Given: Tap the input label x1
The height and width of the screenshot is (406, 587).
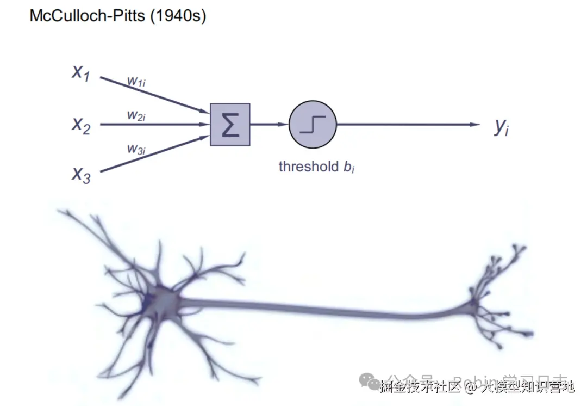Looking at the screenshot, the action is tap(81, 72).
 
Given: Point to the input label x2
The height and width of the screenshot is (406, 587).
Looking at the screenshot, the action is tap(81, 125).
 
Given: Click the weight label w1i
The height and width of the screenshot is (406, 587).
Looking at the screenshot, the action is tap(136, 81).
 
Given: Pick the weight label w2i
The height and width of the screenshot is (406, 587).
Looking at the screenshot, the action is tap(136, 115).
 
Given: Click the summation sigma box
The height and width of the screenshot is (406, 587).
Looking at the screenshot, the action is tap(230, 125).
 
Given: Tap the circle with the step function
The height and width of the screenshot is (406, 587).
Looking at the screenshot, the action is tap(313, 125).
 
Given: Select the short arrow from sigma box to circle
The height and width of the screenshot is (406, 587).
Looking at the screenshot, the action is tap(268, 125).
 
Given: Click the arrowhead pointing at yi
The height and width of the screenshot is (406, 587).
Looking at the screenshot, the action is tap(475, 125).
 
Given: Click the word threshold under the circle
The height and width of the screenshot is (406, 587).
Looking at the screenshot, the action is tap(308, 166).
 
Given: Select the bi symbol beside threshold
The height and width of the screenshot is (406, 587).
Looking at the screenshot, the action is tap(349, 167).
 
